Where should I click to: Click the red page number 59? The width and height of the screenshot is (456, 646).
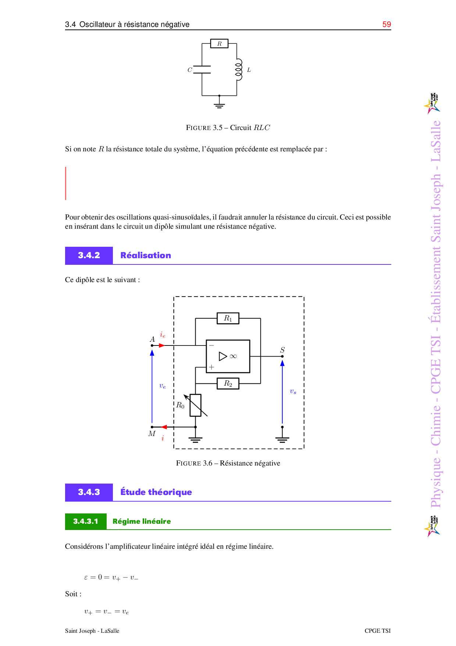(x=386, y=24)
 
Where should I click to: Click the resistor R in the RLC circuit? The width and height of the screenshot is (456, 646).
(x=219, y=44)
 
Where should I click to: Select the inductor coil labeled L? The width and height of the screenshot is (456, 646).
(x=239, y=70)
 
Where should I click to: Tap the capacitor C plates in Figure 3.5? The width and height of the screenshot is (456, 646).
(x=202, y=70)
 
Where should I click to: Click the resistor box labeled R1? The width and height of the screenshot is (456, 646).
(x=228, y=318)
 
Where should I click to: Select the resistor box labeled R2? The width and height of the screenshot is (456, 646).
(x=228, y=383)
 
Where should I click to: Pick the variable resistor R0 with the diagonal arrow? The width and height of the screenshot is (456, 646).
(x=196, y=405)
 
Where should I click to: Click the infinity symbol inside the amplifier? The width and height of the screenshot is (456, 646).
(x=233, y=356)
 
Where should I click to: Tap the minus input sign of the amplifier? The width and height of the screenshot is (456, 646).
(x=211, y=345)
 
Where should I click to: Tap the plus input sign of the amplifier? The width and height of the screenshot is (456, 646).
(x=211, y=367)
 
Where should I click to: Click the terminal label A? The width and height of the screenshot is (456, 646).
(x=152, y=339)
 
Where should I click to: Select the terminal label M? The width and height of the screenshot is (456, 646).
(x=152, y=433)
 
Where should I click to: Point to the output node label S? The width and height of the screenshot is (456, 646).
(x=282, y=350)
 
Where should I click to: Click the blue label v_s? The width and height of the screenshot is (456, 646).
(x=293, y=391)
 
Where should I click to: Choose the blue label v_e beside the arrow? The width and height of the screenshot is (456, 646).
(x=163, y=386)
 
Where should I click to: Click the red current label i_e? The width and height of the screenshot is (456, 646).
(x=163, y=335)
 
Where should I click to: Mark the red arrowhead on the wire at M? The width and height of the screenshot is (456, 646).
(x=164, y=427)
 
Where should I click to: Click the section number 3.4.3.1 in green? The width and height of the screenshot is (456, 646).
(x=86, y=521)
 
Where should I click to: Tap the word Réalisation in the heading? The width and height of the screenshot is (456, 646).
(x=146, y=255)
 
